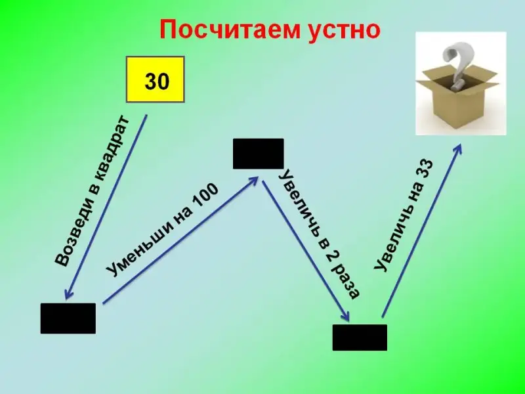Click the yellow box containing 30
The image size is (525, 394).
pos(155,79)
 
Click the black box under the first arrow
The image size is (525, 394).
pos(68,318)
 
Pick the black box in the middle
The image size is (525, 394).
pos(258,154)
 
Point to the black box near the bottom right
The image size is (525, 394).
pos(360,338)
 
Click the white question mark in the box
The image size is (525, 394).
pos(455,66)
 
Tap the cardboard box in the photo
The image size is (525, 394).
pos(457,97)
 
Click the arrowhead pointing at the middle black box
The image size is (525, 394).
pos(253,180)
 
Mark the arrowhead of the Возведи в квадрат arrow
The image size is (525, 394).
pos(68,294)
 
